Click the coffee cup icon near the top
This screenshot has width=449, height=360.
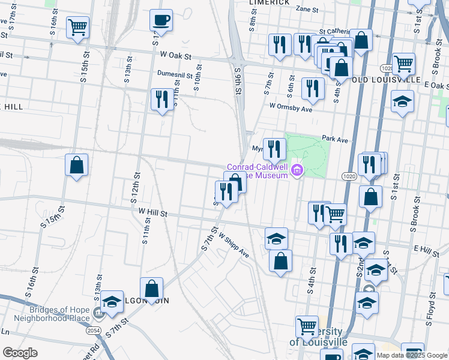(x=161, y=20)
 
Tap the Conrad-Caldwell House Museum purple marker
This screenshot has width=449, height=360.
(x=296, y=172)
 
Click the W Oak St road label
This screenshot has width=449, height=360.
(x=175, y=55)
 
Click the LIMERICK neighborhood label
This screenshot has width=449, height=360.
(x=270, y=2)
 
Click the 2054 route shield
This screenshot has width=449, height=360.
(x=94, y=331)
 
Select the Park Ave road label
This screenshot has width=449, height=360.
(x=335, y=139)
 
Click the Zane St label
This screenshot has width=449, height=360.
(x=306, y=10)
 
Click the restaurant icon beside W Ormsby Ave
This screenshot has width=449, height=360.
(x=313, y=88)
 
